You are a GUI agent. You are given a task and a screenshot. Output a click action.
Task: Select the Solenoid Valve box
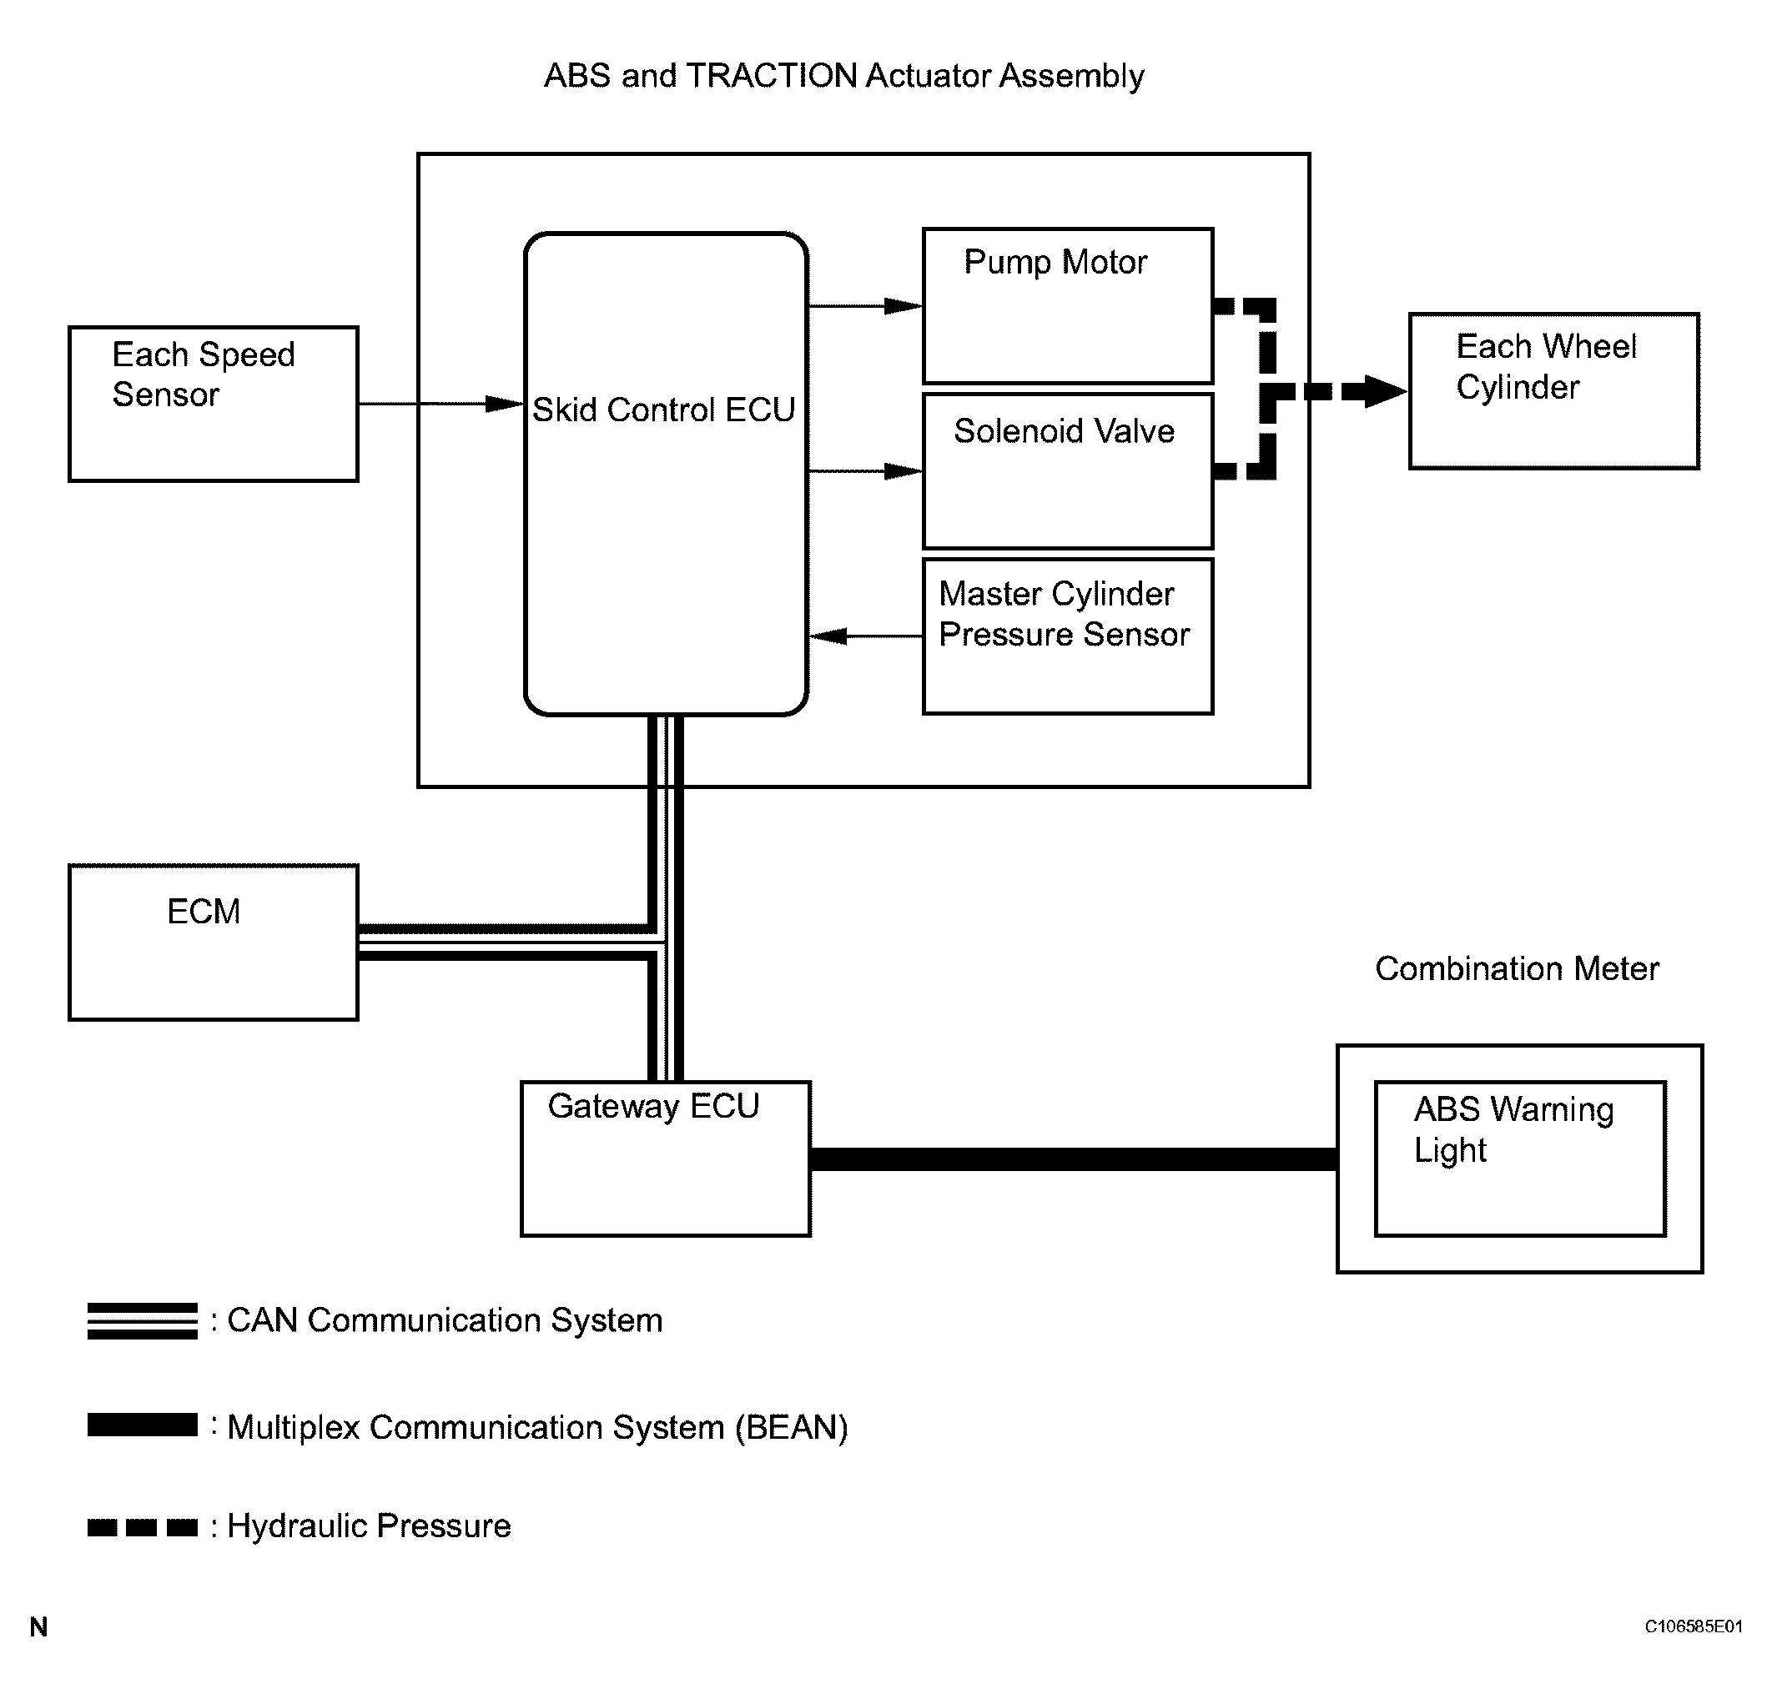coord(1068,471)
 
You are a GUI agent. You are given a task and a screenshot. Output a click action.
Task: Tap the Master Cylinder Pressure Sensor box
coord(1068,636)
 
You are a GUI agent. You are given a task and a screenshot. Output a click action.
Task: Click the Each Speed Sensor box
coord(214,404)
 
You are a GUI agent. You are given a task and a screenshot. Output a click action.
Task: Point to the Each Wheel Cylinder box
coord(1554,391)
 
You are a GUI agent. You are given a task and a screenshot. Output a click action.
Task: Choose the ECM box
coord(214,942)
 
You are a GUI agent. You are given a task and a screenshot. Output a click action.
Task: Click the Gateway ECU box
coord(666,1159)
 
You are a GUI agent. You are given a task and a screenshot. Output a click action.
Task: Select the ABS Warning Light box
coord(1520,1159)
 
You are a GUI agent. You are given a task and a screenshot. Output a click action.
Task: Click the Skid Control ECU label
coord(663,410)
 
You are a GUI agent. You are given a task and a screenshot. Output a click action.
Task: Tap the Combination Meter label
coord(1517,969)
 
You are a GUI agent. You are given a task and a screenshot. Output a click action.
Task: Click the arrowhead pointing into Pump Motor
coord(904,306)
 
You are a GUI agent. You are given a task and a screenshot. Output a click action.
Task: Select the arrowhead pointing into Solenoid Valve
coord(904,471)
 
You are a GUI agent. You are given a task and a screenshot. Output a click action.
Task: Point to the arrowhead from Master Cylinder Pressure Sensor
coord(828,636)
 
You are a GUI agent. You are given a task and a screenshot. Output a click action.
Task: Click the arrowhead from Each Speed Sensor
coord(505,404)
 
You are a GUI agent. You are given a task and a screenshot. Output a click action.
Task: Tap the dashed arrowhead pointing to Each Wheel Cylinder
coord(1384,391)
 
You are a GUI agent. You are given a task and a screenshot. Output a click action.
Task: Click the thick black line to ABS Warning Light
coord(1073,1159)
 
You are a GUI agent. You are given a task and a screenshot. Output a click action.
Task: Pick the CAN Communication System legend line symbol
coord(142,1320)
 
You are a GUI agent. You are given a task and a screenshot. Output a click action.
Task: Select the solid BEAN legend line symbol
coord(142,1425)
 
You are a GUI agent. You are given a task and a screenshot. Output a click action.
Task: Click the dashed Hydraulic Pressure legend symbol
coord(142,1527)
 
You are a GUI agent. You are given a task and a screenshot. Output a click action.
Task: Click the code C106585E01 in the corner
coord(1693,1626)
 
